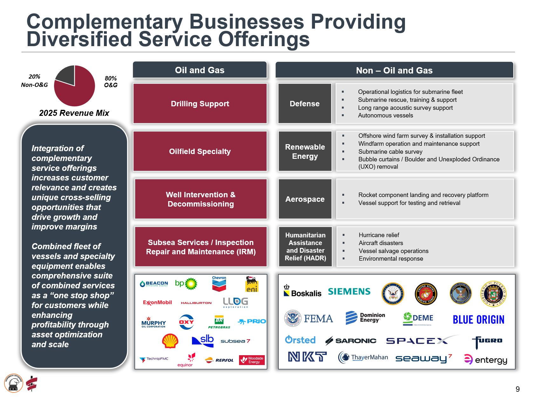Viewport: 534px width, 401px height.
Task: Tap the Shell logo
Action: [x=170, y=341]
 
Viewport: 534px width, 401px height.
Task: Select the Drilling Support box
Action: [x=200, y=104]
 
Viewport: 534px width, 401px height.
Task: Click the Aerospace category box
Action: [x=305, y=199]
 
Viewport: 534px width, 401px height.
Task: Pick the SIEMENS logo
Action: [x=349, y=292]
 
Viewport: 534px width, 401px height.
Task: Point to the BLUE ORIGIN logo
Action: [x=478, y=320]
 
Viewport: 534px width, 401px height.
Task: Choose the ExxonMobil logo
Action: [x=157, y=302]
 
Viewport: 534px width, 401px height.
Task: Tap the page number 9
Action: [x=517, y=389]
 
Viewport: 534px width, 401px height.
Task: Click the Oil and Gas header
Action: [x=200, y=70]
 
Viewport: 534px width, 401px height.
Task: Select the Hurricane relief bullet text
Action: [x=379, y=235]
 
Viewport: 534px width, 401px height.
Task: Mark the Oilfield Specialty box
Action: [x=200, y=151]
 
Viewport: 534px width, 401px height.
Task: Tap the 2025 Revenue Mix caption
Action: [x=74, y=113]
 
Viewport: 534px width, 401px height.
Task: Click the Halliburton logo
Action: [x=196, y=303]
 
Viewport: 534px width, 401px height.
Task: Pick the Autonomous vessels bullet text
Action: [x=386, y=116]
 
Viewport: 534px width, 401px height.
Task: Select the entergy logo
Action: [x=485, y=360]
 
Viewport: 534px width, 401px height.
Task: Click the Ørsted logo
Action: [x=300, y=340]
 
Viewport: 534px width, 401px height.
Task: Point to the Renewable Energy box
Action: [x=305, y=151]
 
